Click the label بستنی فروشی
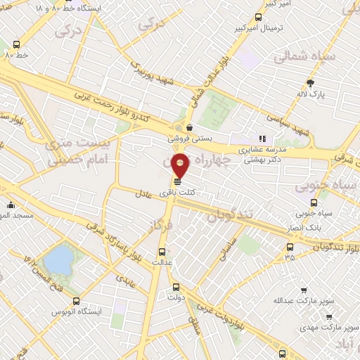coord(183,139)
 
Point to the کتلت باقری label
coord(176,192)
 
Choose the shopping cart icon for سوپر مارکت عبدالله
coord(303,290)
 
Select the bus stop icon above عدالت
coord(162,250)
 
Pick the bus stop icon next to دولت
coord(176,287)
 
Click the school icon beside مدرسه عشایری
coord(262,139)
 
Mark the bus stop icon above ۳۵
coord(290,247)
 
